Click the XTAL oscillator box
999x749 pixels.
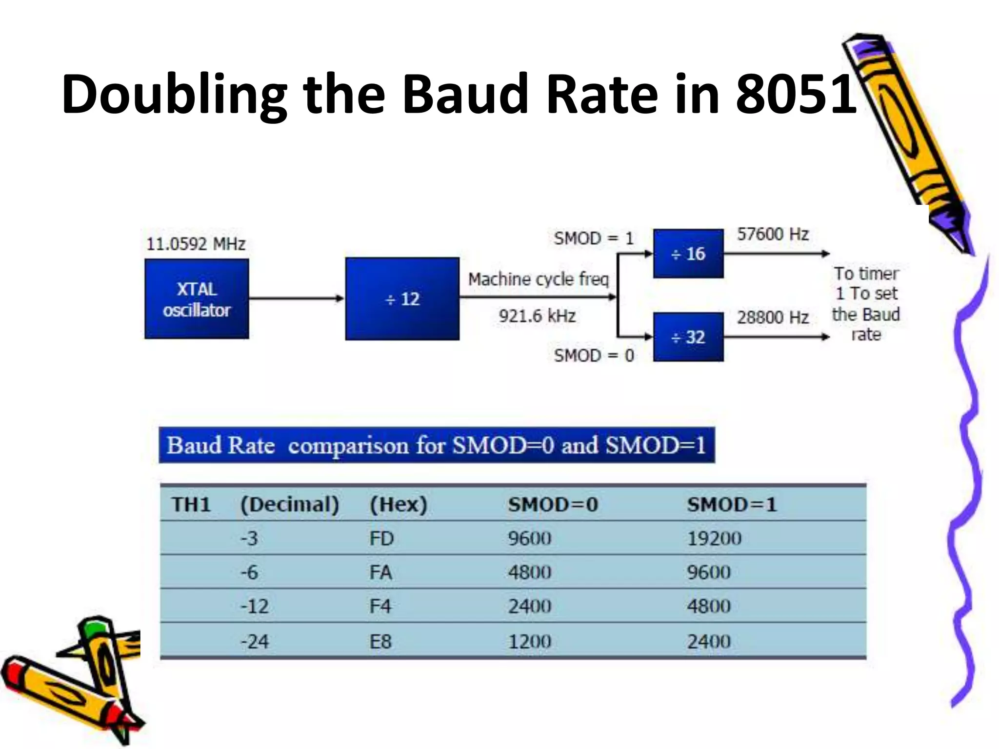(x=197, y=298)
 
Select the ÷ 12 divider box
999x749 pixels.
(x=402, y=298)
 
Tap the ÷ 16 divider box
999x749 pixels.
(x=688, y=253)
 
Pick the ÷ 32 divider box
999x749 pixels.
(x=688, y=337)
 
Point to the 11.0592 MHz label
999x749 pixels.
(x=196, y=243)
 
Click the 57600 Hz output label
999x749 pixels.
(x=773, y=234)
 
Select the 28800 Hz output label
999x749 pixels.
(x=773, y=317)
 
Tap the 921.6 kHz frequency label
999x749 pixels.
(x=537, y=316)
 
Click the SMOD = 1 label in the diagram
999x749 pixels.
(x=594, y=238)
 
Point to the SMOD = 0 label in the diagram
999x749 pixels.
(x=594, y=355)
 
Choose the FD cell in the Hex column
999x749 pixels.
(x=381, y=538)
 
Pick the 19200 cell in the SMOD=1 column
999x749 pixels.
(x=714, y=538)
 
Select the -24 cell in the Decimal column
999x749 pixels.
(x=254, y=641)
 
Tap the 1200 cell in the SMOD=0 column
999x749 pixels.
(x=530, y=641)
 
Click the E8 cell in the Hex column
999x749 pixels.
(x=380, y=641)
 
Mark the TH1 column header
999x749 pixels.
(x=191, y=504)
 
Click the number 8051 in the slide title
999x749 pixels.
(x=796, y=94)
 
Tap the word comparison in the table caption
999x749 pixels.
(x=348, y=446)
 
